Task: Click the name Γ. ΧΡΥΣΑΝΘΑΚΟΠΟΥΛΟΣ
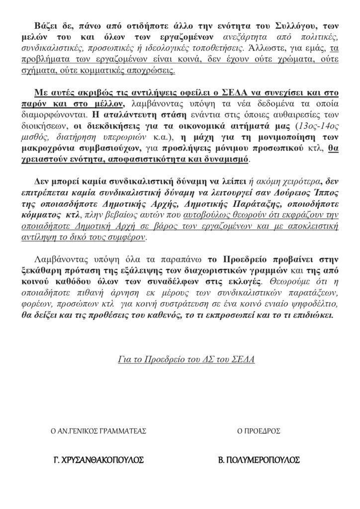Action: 98,460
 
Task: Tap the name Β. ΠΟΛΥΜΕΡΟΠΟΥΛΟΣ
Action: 260,460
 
